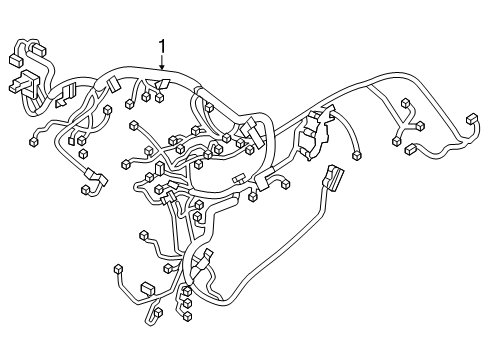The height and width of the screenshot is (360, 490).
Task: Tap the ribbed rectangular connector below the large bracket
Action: (x=330, y=184)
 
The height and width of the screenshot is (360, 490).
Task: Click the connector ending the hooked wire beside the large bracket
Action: (x=357, y=155)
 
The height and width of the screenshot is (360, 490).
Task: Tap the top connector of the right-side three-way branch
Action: (x=406, y=104)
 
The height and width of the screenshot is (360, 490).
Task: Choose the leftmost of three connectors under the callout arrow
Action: (x=131, y=103)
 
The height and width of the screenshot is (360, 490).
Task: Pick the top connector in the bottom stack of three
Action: (x=187, y=291)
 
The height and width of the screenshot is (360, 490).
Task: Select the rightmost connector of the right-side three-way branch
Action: (x=421, y=127)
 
